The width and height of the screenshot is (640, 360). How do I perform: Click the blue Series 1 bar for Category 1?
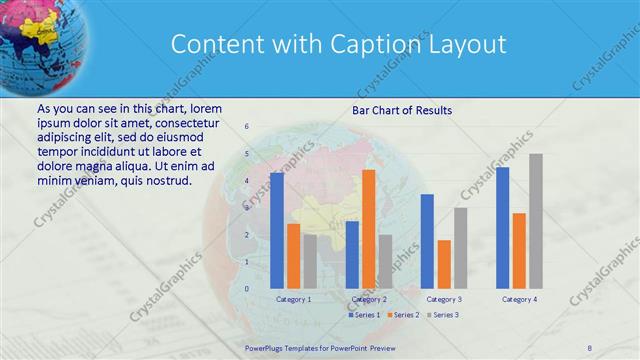pos(277,230)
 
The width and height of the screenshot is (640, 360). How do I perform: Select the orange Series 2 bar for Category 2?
pos(368,229)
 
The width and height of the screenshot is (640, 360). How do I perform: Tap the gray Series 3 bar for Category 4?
pos(536,221)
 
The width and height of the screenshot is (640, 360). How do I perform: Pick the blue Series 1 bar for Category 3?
pos(427,241)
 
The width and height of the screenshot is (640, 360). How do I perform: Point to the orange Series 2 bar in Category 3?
pos(443,264)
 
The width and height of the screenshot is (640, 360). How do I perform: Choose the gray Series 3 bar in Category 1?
pos(310,261)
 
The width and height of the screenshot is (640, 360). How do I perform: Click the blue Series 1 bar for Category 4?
pos(503,228)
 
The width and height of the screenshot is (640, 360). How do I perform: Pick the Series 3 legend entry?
pos(441,315)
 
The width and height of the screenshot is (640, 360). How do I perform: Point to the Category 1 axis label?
pos(293,299)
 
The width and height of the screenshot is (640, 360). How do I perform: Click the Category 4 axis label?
pos(519,299)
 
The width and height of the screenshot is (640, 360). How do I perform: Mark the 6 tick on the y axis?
pos(246,127)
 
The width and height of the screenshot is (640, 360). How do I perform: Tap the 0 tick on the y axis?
pos(246,288)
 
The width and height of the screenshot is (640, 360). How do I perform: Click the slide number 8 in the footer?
pos(590,347)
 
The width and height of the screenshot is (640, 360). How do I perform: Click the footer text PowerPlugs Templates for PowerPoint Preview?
pos(320,347)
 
